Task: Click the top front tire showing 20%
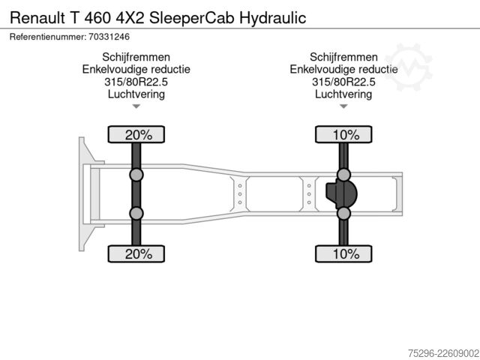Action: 136,134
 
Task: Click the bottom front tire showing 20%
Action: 136,253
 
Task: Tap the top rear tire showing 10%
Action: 343,134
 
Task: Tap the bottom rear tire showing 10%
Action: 343,253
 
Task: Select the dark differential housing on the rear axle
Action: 341,193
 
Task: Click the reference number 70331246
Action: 109,37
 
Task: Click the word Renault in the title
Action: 37,18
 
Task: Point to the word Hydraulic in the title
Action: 273,18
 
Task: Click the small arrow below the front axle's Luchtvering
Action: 136,106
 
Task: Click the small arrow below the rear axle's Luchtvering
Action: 343,106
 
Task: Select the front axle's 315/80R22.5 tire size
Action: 136,82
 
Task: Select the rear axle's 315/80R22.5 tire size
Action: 343,82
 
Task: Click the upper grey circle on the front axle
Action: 136,175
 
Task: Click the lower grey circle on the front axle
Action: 136,213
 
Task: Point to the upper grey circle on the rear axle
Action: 343,175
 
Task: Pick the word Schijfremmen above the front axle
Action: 136,57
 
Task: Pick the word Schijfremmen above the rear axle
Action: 343,57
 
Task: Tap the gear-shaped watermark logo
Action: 409,67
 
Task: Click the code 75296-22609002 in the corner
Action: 443,353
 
